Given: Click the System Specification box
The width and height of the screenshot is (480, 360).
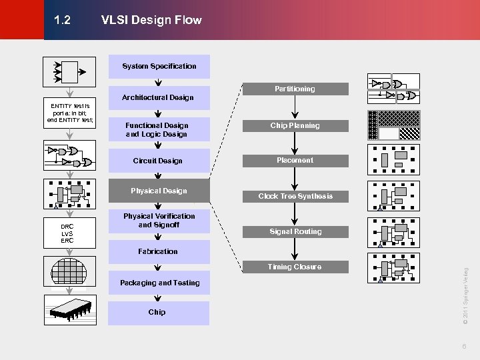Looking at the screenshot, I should click(x=159, y=66).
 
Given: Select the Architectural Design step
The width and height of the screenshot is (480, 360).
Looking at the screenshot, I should click(x=158, y=97).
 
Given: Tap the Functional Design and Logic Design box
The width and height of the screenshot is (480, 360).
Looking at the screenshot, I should click(x=157, y=129).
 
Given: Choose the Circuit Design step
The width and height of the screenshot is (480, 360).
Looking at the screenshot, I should click(x=158, y=161).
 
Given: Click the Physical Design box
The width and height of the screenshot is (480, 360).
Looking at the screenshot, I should click(x=159, y=191).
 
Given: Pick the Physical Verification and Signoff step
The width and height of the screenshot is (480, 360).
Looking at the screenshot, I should click(x=159, y=220).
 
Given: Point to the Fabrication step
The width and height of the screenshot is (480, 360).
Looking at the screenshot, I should click(x=158, y=251).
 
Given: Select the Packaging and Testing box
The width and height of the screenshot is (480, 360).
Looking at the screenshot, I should click(x=159, y=283).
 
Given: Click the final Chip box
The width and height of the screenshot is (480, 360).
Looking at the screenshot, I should click(x=157, y=312).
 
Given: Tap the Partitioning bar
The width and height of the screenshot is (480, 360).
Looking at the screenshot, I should click(x=295, y=89).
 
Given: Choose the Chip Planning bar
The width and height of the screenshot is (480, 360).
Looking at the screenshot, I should click(x=295, y=125).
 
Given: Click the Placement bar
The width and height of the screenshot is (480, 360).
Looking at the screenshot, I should click(x=295, y=160).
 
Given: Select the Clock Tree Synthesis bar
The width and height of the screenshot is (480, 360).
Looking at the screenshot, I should click(x=295, y=196).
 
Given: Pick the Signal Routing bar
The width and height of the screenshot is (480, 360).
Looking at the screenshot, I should click(x=295, y=231).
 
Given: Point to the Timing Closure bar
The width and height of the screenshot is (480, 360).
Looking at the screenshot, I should click(x=295, y=267).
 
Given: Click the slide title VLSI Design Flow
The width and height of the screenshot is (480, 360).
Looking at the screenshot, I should click(x=151, y=20).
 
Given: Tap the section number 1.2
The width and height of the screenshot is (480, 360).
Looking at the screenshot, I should click(x=62, y=20).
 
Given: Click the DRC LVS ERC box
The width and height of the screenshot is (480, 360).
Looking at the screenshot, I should click(x=67, y=234).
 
